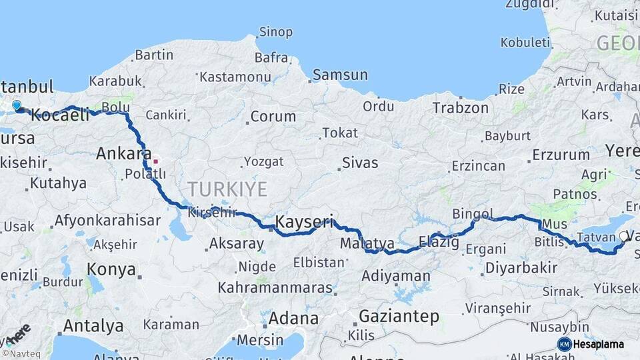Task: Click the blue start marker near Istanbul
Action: coord(17,105)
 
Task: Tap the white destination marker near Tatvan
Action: coord(624,235)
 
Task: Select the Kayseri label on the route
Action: coord(304,221)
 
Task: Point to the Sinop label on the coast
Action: coord(275,32)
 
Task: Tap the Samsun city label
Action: coord(340,75)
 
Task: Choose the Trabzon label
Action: coord(460,107)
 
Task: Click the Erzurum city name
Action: coord(561,155)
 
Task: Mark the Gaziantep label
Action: coord(399,316)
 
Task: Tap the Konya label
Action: coord(111,270)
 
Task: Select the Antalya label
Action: coord(93,326)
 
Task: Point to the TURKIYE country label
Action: coord(227,189)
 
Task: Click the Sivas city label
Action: coord(359,163)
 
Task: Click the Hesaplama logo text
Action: coord(599,344)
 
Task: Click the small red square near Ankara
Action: coord(156,161)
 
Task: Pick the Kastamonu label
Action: coord(231,77)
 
